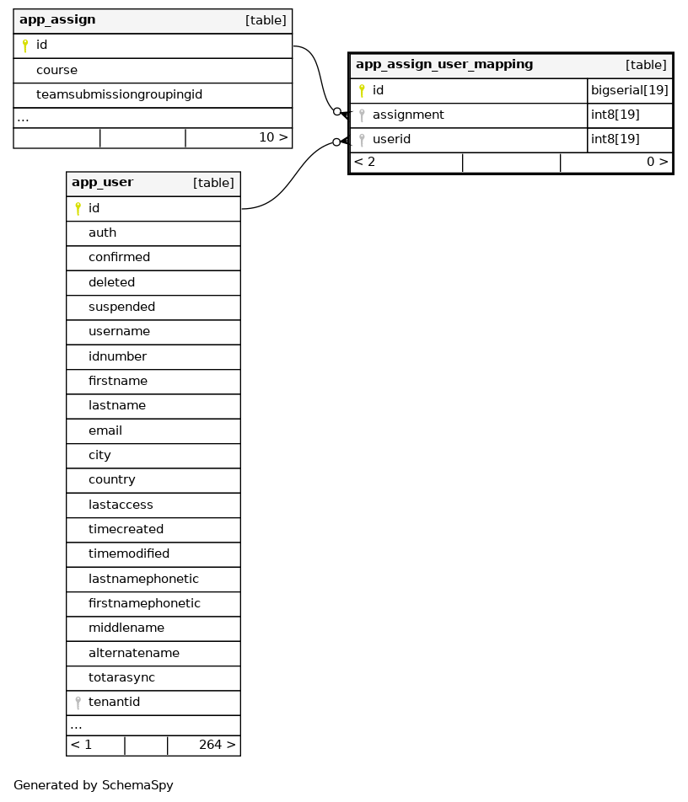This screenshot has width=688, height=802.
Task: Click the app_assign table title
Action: coord(57,19)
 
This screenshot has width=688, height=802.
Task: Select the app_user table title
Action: coord(102,182)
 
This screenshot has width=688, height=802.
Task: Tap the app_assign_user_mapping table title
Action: coord(444,64)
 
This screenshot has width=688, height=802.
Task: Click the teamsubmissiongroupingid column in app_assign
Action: coord(119,94)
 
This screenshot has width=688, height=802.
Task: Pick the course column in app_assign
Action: coord(56,70)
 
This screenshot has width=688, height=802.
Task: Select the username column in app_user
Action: coord(119,331)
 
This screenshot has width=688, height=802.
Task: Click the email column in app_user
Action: coord(105,430)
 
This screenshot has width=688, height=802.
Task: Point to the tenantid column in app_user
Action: coord(114,702)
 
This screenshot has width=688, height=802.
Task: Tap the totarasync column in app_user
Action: coord(121,677)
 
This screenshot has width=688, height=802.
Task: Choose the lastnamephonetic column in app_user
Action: coord(143,579)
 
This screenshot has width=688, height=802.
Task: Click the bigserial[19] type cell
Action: coord(630,90)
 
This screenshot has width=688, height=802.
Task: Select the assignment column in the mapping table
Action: coord(408,115)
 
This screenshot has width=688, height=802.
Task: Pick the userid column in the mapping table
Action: coord(391,139)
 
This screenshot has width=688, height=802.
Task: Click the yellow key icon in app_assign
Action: coord(25,45)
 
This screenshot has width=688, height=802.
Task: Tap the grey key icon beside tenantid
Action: coord(78,703)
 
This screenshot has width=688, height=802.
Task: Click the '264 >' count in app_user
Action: coord(217,745)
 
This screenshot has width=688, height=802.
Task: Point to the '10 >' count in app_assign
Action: coord(272,137)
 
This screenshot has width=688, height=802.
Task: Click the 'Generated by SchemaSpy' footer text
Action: coord(94,785)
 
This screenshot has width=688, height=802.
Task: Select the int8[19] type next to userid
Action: coord(615,139)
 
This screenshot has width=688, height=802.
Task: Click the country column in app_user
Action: coord(112,479)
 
